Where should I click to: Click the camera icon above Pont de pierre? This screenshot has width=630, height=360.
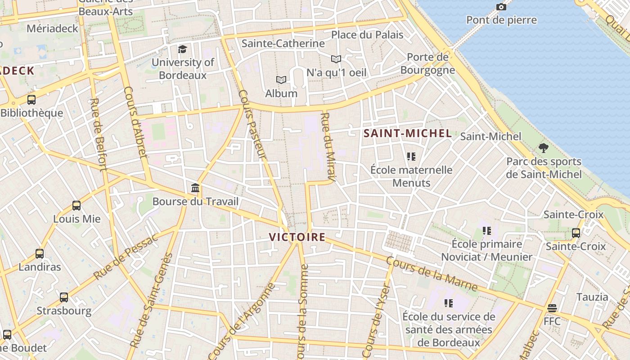501,7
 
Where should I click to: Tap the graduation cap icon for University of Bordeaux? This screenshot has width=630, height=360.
182,49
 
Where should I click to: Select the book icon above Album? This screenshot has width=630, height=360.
281,80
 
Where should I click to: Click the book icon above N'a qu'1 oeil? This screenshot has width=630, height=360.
336,59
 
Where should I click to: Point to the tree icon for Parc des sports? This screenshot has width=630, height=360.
544,148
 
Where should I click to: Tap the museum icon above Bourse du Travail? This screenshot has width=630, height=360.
195,188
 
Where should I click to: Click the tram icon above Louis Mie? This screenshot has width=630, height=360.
76,206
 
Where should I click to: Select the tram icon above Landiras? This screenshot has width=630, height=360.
40,254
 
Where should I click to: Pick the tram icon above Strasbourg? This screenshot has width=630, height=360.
64,297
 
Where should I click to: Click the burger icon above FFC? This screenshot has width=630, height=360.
552,308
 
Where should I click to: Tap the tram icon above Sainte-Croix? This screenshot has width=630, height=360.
576,233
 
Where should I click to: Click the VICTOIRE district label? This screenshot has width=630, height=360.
297,237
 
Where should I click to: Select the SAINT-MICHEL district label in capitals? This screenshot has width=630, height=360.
408,133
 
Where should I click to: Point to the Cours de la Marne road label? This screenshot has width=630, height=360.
432,274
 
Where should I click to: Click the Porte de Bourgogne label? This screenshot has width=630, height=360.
427,63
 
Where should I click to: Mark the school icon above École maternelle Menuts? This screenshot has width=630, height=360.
411,157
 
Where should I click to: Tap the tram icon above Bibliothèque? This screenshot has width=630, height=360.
31,100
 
